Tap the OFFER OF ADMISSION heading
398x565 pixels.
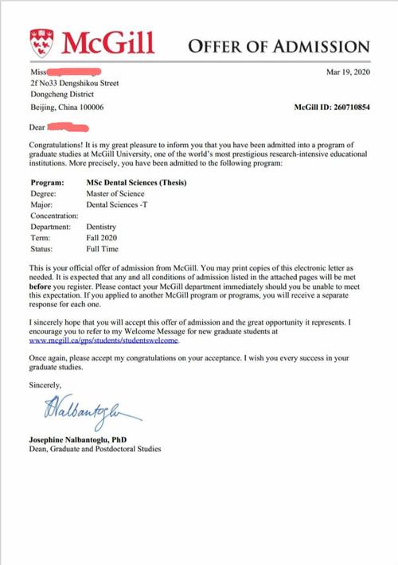[279, 46]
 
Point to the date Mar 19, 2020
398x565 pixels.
[349, 72]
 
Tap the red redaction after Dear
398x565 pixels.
[68, 126]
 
